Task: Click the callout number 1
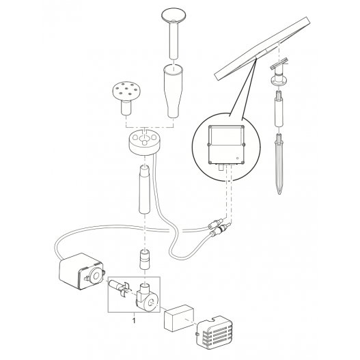(134, 320)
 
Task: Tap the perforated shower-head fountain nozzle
(126, 98)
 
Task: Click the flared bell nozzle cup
(174, 91)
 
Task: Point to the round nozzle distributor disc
(144, 141)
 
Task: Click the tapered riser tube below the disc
(145, 189)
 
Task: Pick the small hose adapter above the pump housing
(145, 259)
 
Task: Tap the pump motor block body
(81, 272)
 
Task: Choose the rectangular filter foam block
(179, 318)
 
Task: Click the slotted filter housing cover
(214, 331)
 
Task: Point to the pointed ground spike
(279, 163)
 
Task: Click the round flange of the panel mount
(279, 81)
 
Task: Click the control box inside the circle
(226, 145)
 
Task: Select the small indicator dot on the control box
(238, 158)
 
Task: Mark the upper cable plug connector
(215, 223)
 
